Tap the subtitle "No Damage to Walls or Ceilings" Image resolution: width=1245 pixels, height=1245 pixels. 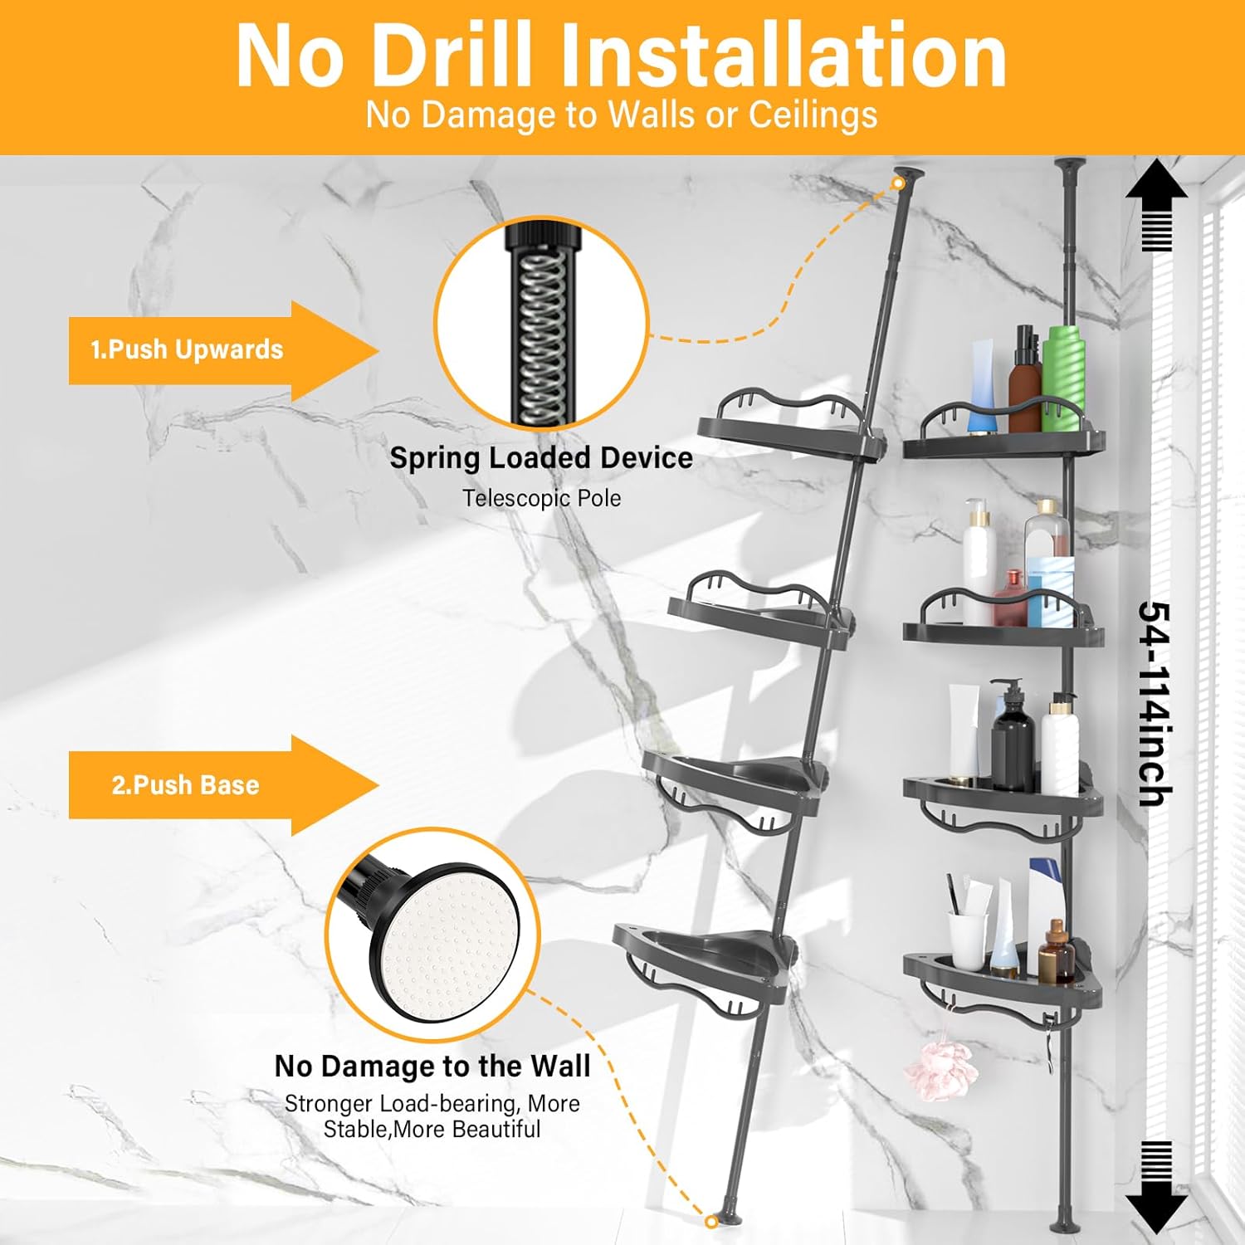pyautogui.click(x=621, y=115)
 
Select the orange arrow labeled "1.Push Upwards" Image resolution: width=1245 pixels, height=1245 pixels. pyautogui.click(x=220, y=350)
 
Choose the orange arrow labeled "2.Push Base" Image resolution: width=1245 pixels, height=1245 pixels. pyautogui.click(x=220, y=785)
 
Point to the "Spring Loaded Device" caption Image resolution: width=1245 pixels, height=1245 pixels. pyautogui.click(x=541, y=458)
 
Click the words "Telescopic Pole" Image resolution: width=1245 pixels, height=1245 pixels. pyautogui.click(x=541, y=498)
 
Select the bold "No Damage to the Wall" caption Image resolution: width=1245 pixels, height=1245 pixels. pyautogui.click(x=432, y=1066)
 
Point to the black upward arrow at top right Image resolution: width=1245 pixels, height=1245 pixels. pyautogui.click(x=1156, y=203)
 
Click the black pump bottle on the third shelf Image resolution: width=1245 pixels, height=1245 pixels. pyautogui.click(x=1012, y=739)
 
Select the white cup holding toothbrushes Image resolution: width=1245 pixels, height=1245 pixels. pyautogui.click(x=968, y=938)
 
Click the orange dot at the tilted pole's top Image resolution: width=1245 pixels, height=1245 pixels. pyautogui.click(x=898, y=183)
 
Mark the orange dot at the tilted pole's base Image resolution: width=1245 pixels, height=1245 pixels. pyautogui.click(x=711, y=1221)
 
